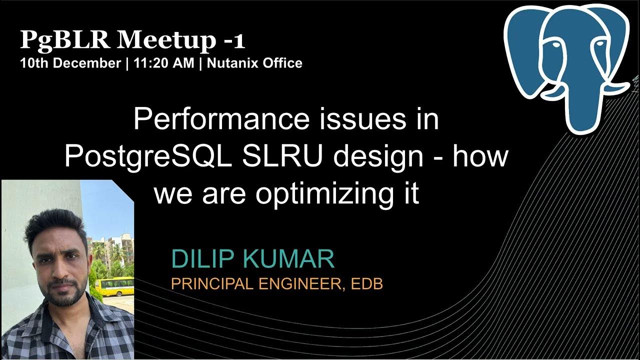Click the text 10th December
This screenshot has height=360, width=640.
(x=70, y=63)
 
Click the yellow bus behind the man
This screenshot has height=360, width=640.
(x=115, y=286)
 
